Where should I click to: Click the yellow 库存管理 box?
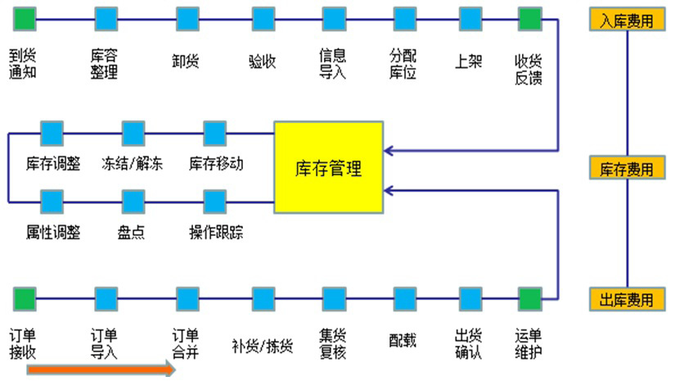[328, 167]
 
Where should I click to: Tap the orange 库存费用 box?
[627, 169]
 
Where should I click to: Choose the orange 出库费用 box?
[627, 299]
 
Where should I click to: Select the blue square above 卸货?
[187, 17]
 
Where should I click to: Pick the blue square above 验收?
[263, 17]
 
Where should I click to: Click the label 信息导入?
[333, 63]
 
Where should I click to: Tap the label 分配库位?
[404, 63]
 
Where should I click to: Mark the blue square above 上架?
[470, 17]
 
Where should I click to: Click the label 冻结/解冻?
[133, 163]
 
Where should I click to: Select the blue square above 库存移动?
[214, 132]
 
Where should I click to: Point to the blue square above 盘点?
[133, 201]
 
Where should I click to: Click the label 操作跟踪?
[216, 232]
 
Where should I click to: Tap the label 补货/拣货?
[263, 344]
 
